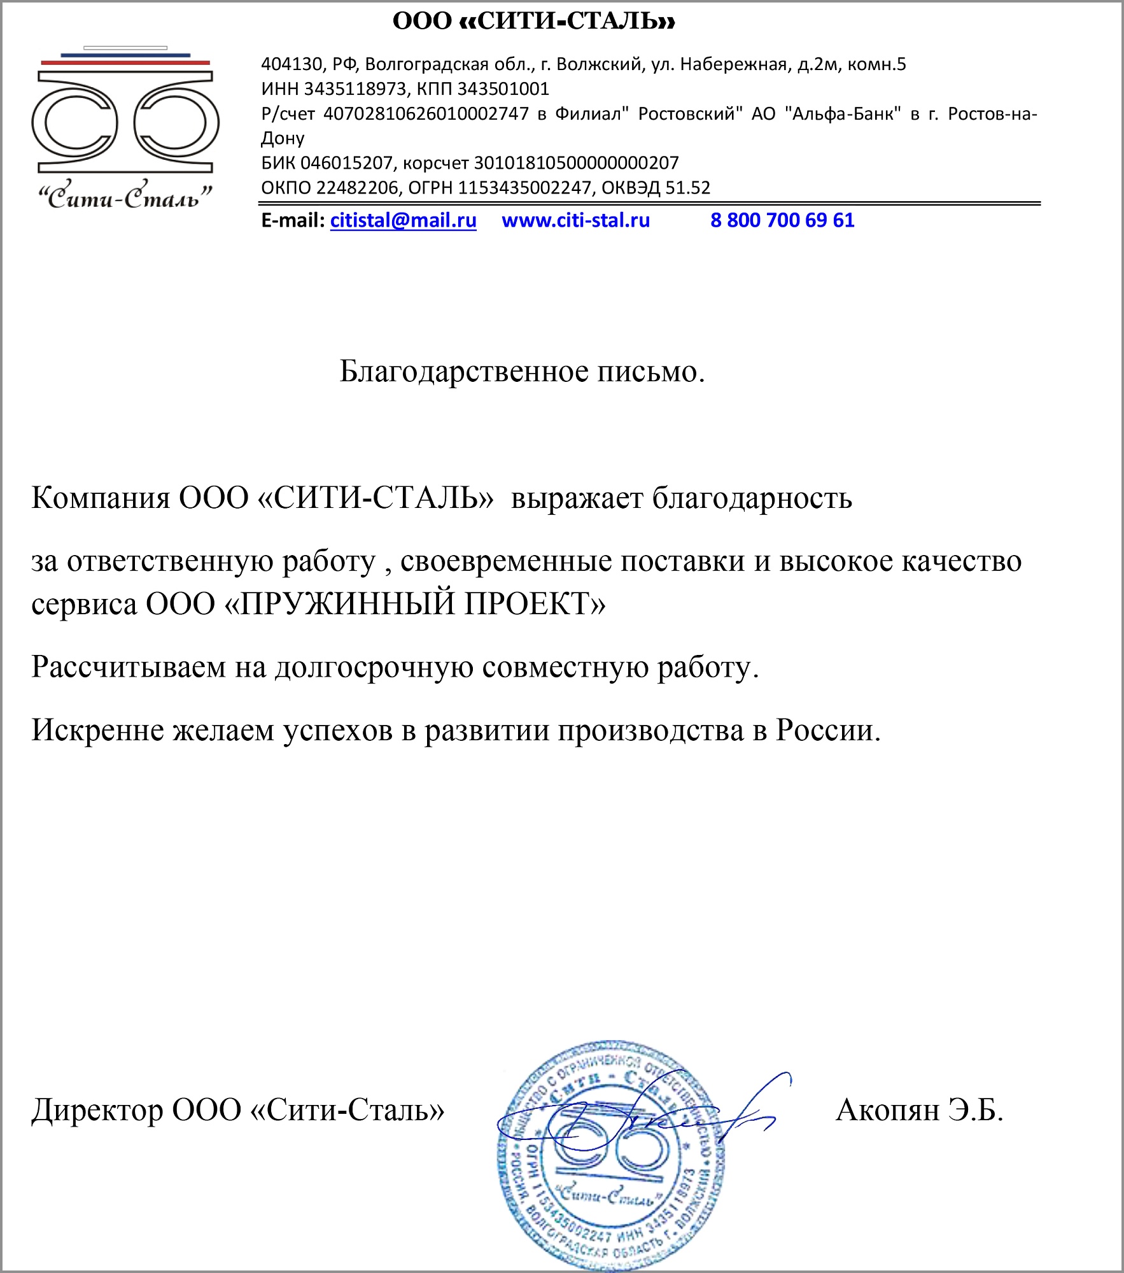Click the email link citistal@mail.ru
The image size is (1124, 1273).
403,220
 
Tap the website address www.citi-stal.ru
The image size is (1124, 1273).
575,220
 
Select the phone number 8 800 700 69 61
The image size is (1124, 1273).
782,220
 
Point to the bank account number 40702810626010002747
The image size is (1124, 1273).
426,114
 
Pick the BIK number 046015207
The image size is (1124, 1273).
346,163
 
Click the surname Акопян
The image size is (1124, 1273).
887,1111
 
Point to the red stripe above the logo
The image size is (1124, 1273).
125,62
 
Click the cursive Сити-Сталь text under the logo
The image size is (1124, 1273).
125,197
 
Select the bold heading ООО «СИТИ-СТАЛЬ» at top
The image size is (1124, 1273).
533,21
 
